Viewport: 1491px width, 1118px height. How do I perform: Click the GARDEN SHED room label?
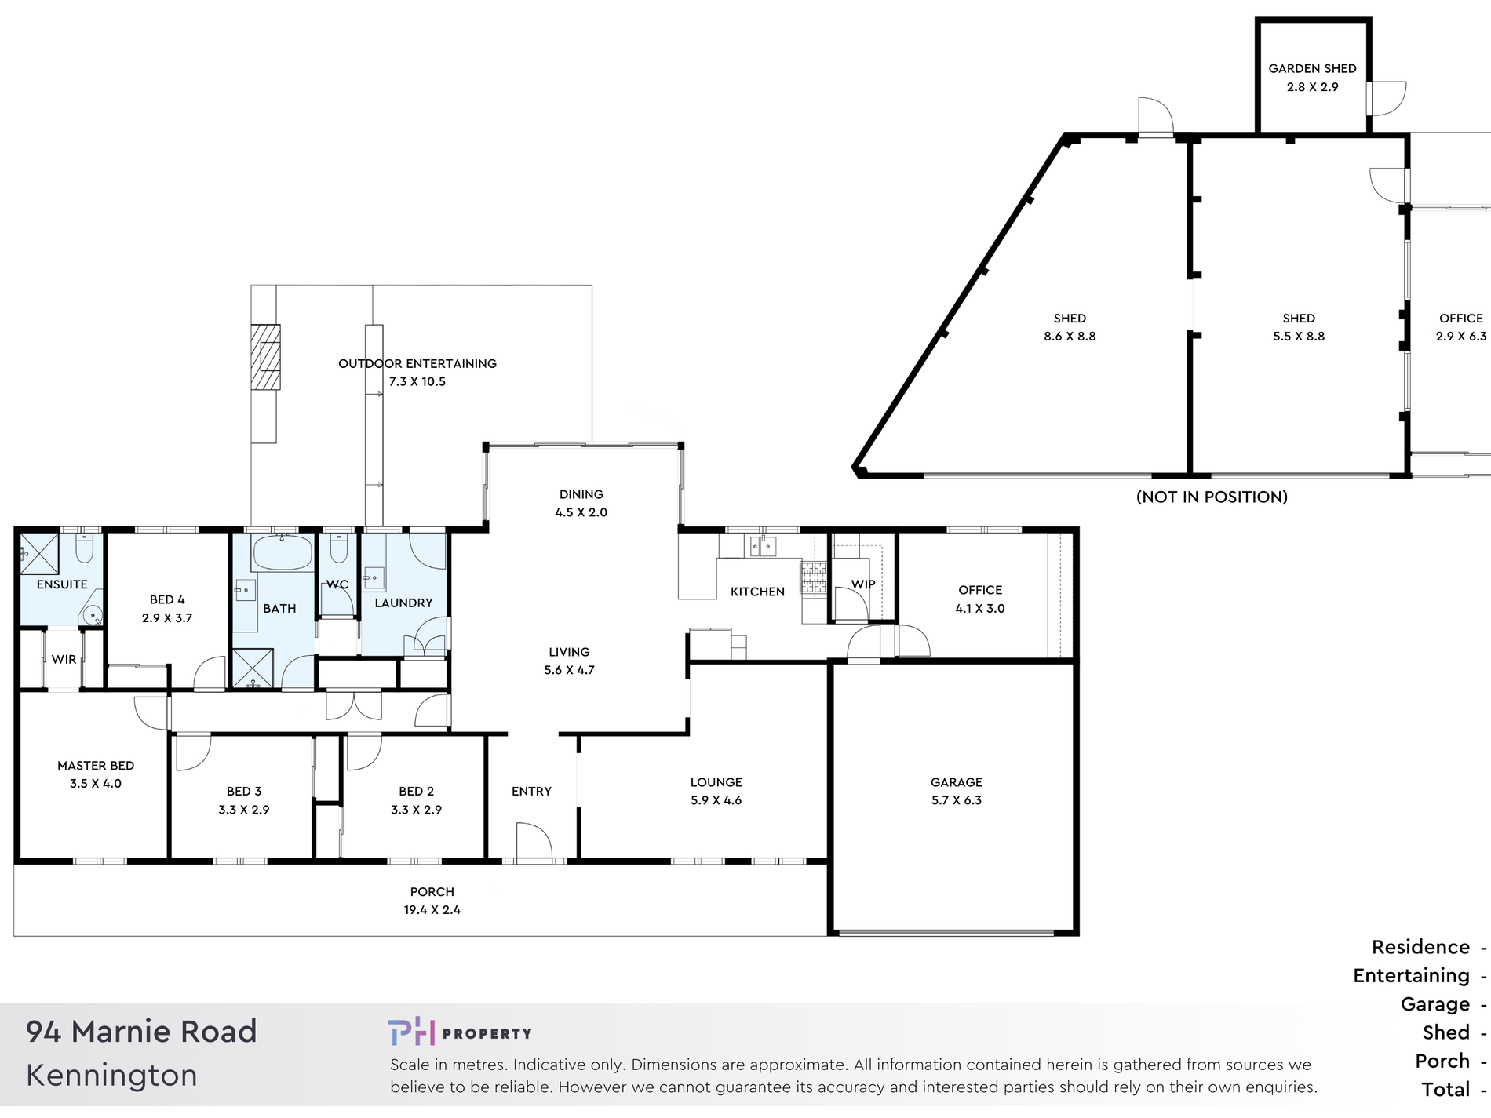pyautogui.click(x=1312, y=68)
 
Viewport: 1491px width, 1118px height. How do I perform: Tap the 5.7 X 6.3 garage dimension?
pyautogui.click(x=957, y=800)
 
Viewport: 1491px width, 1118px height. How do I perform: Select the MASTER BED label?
pyautogui.click(x=96, y=765)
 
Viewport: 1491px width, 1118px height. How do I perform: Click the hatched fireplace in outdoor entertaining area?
pyautogui.click(x=265, y=357)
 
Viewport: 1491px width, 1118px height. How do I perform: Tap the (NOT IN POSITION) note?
pyautogui.click(x=1212, y=497)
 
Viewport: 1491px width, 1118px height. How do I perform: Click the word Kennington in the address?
pyautogui.click(x=111, y=1075)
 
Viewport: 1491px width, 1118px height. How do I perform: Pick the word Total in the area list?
pyautogui.click(x=1445, y=1089)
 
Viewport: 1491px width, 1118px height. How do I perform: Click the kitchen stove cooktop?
pyautogui.click(x=813, y=577)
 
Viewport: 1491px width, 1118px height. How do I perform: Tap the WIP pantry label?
pyautogui.click(x=863, y=584)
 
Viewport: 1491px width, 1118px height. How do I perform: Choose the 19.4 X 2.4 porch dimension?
pyautogui.click(x=432, y=910)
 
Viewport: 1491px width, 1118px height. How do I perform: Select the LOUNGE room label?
pyautogui.click(x=716, y=782)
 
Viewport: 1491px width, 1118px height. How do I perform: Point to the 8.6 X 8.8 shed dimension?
pyautogui.click(x=1070, y=337)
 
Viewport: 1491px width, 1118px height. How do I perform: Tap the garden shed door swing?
pyautogui.click(x=1387, y=99)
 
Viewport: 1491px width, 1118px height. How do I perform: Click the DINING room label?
pyautogui.click(x=581, y=494)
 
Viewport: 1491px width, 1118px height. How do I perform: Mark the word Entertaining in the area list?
pyautogui.click(x=1411, y=975)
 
